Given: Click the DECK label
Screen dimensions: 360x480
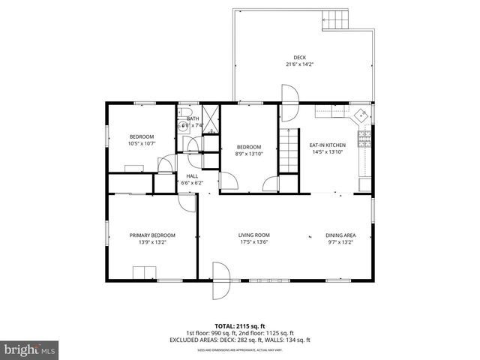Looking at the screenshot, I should click(299, 58).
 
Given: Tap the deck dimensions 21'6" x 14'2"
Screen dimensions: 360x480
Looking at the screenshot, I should click(299, 64).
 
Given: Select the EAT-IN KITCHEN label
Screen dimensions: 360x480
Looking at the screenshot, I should click(327, 145).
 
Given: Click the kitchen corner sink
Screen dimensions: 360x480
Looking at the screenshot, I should click(361, 115).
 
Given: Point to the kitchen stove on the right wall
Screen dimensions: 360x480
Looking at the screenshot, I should click(365, 139).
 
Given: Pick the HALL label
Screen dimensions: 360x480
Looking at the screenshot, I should click(192, 176).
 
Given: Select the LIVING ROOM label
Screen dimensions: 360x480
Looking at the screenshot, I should click(253, 235).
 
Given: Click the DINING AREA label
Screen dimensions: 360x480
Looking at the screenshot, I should click(340, 235).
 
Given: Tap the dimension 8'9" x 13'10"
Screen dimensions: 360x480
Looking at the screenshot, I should click(249, 153).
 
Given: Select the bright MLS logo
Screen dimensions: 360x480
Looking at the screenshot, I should click(29, 349).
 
